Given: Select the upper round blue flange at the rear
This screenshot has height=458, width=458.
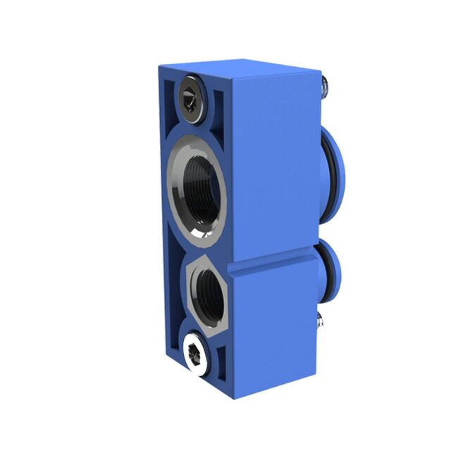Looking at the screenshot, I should tap(334, 176).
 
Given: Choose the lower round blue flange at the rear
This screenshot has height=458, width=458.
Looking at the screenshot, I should tap(331, 271).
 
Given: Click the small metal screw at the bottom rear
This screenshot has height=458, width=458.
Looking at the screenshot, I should tap(321, 321).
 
